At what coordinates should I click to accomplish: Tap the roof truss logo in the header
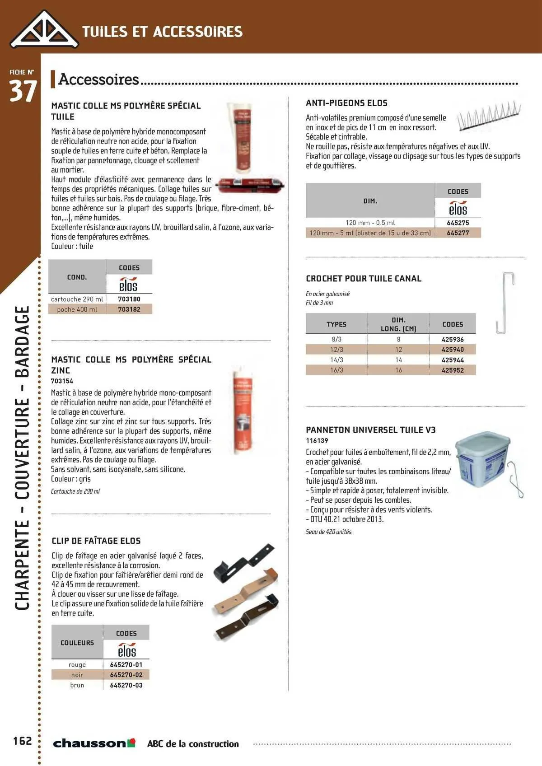click(x=44, y=30)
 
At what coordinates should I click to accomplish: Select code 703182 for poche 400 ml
click(x=129, y=309)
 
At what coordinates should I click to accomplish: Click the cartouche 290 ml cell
click(x=77, y=299)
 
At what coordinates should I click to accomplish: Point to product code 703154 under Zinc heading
click(x=62, y=381)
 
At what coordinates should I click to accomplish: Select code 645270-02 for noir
click(x=126, y=675)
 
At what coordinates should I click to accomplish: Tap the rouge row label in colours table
click(x=77, y=665)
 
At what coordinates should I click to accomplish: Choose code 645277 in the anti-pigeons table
click(x=458, y=233)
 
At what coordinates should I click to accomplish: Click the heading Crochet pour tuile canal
click(x=364, y=279)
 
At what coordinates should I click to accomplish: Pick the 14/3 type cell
click(x=336, y=360)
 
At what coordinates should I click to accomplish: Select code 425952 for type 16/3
click(x=453, y=370)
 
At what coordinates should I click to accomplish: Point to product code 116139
click(x=317, y=441)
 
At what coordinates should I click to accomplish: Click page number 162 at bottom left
click(x=23, y=741)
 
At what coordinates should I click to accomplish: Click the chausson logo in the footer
click(x=94, y=743)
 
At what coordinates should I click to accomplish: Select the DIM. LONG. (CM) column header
click(x=398, y=324)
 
